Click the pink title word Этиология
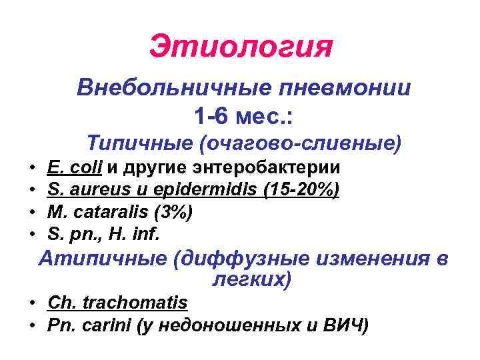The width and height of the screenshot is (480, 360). click(240, 47)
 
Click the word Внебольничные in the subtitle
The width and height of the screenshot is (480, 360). click(168, 87)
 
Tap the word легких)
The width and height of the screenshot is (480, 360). click(251, 279)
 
